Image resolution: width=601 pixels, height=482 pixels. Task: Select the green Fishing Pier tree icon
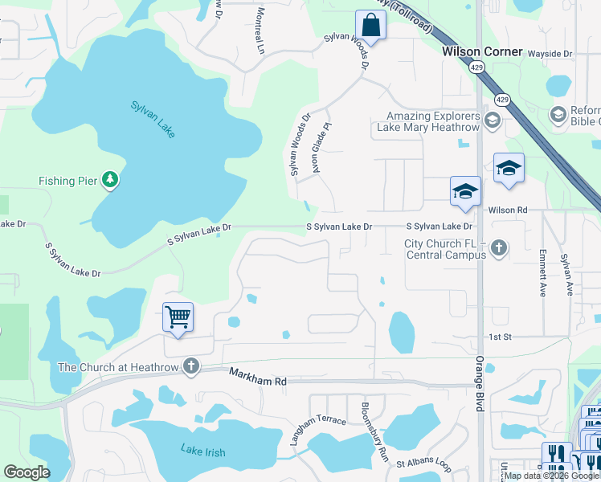tap(110, 181)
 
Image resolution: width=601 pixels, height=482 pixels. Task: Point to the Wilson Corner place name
tap(482, 51)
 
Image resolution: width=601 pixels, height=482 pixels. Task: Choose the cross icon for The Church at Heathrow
tap(190, 367)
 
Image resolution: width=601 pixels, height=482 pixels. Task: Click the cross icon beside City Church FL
tap(499, 248)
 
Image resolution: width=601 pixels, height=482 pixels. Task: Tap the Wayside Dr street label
tap(550, 54)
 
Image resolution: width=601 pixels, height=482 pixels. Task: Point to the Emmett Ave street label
tap(543, 277)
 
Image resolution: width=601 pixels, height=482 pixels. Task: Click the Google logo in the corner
tap(27, 472)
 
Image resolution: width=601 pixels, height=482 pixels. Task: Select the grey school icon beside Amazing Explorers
tap(493, 121)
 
